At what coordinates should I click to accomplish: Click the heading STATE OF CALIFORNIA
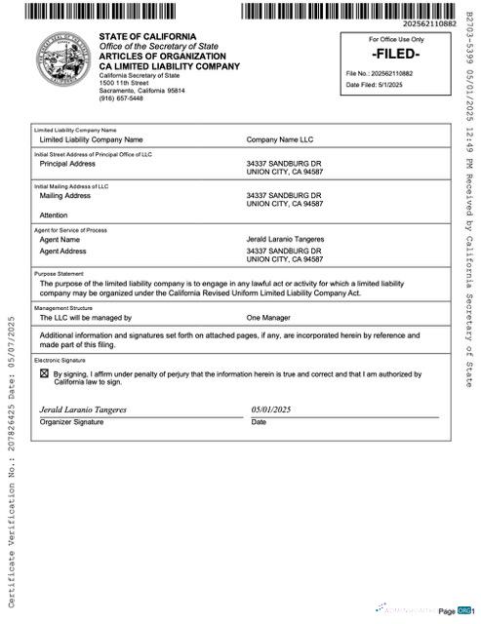tap(142, 37)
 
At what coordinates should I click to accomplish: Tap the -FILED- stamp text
tap(395, 54)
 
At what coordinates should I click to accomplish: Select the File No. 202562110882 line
tap(380, 74)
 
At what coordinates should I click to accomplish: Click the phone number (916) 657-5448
tap(121, 98)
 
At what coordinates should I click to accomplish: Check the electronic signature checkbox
tap(44, 373)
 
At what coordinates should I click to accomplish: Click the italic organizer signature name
tap(83, 409)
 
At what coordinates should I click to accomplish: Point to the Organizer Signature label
tap(71, 422)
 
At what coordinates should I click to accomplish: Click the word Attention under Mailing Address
tap(54, 214)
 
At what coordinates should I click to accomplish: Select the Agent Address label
tap(62, 251)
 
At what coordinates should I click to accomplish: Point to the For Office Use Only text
tap(396, 39)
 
